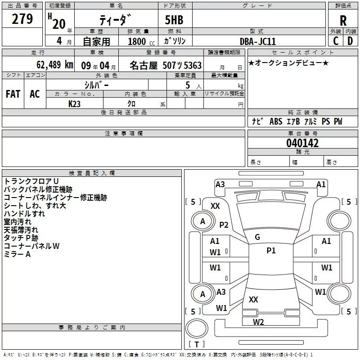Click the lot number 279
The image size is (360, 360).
pyautogui.click(x=23, y=19)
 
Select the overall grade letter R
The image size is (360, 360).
pyautogui.click(x=343, y=20)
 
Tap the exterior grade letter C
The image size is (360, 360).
pyautogui.click(x=335, y=40)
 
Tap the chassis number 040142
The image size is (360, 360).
pyautogui.click(x=302, y=144)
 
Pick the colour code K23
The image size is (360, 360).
pyautogui.click(x=75, y=103)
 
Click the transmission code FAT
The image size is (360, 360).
pyautogui.click(x=13, y=94)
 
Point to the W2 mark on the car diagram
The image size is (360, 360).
pyautogui.click(x=258, y=322)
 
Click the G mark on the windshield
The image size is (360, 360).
pyautogui.click(x=257, y=237)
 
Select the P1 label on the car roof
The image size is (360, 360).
pyautogui.click(x=271, y=251)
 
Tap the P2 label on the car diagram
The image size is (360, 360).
pyautogui.click(x=224, y=225)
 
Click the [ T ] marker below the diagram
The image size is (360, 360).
pyautogui.click(x=197, y=345)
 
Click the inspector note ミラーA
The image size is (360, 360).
pyautogui.click(x=17, y=254)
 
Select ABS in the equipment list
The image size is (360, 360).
pyautogui.click(x=276, y=121)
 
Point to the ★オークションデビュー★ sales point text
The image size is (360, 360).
pyautogui.click(x=288, y=63)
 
